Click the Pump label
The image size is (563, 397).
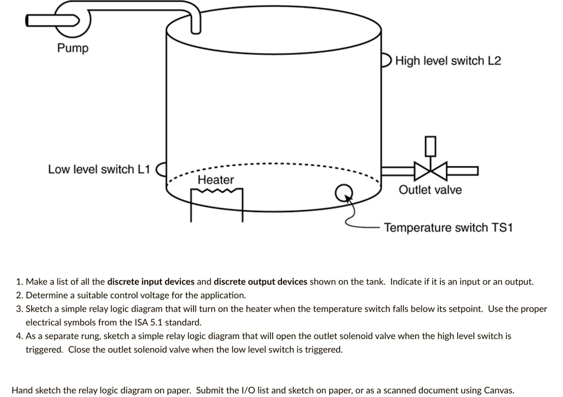click(73, 48)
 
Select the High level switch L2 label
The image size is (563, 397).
click(448, 61)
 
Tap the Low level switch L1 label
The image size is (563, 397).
click(98, 169)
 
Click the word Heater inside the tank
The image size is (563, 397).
click(216, 180)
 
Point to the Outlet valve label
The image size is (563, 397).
click(430, 191)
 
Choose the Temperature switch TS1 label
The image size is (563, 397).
click(448, 228)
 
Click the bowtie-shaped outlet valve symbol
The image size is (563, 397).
click(430, 170)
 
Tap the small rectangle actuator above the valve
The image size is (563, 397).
click(430, 145)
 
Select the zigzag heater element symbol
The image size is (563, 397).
click(217, 192)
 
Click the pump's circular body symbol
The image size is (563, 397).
click(74, 19)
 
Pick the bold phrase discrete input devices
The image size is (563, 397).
click(151, 282)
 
